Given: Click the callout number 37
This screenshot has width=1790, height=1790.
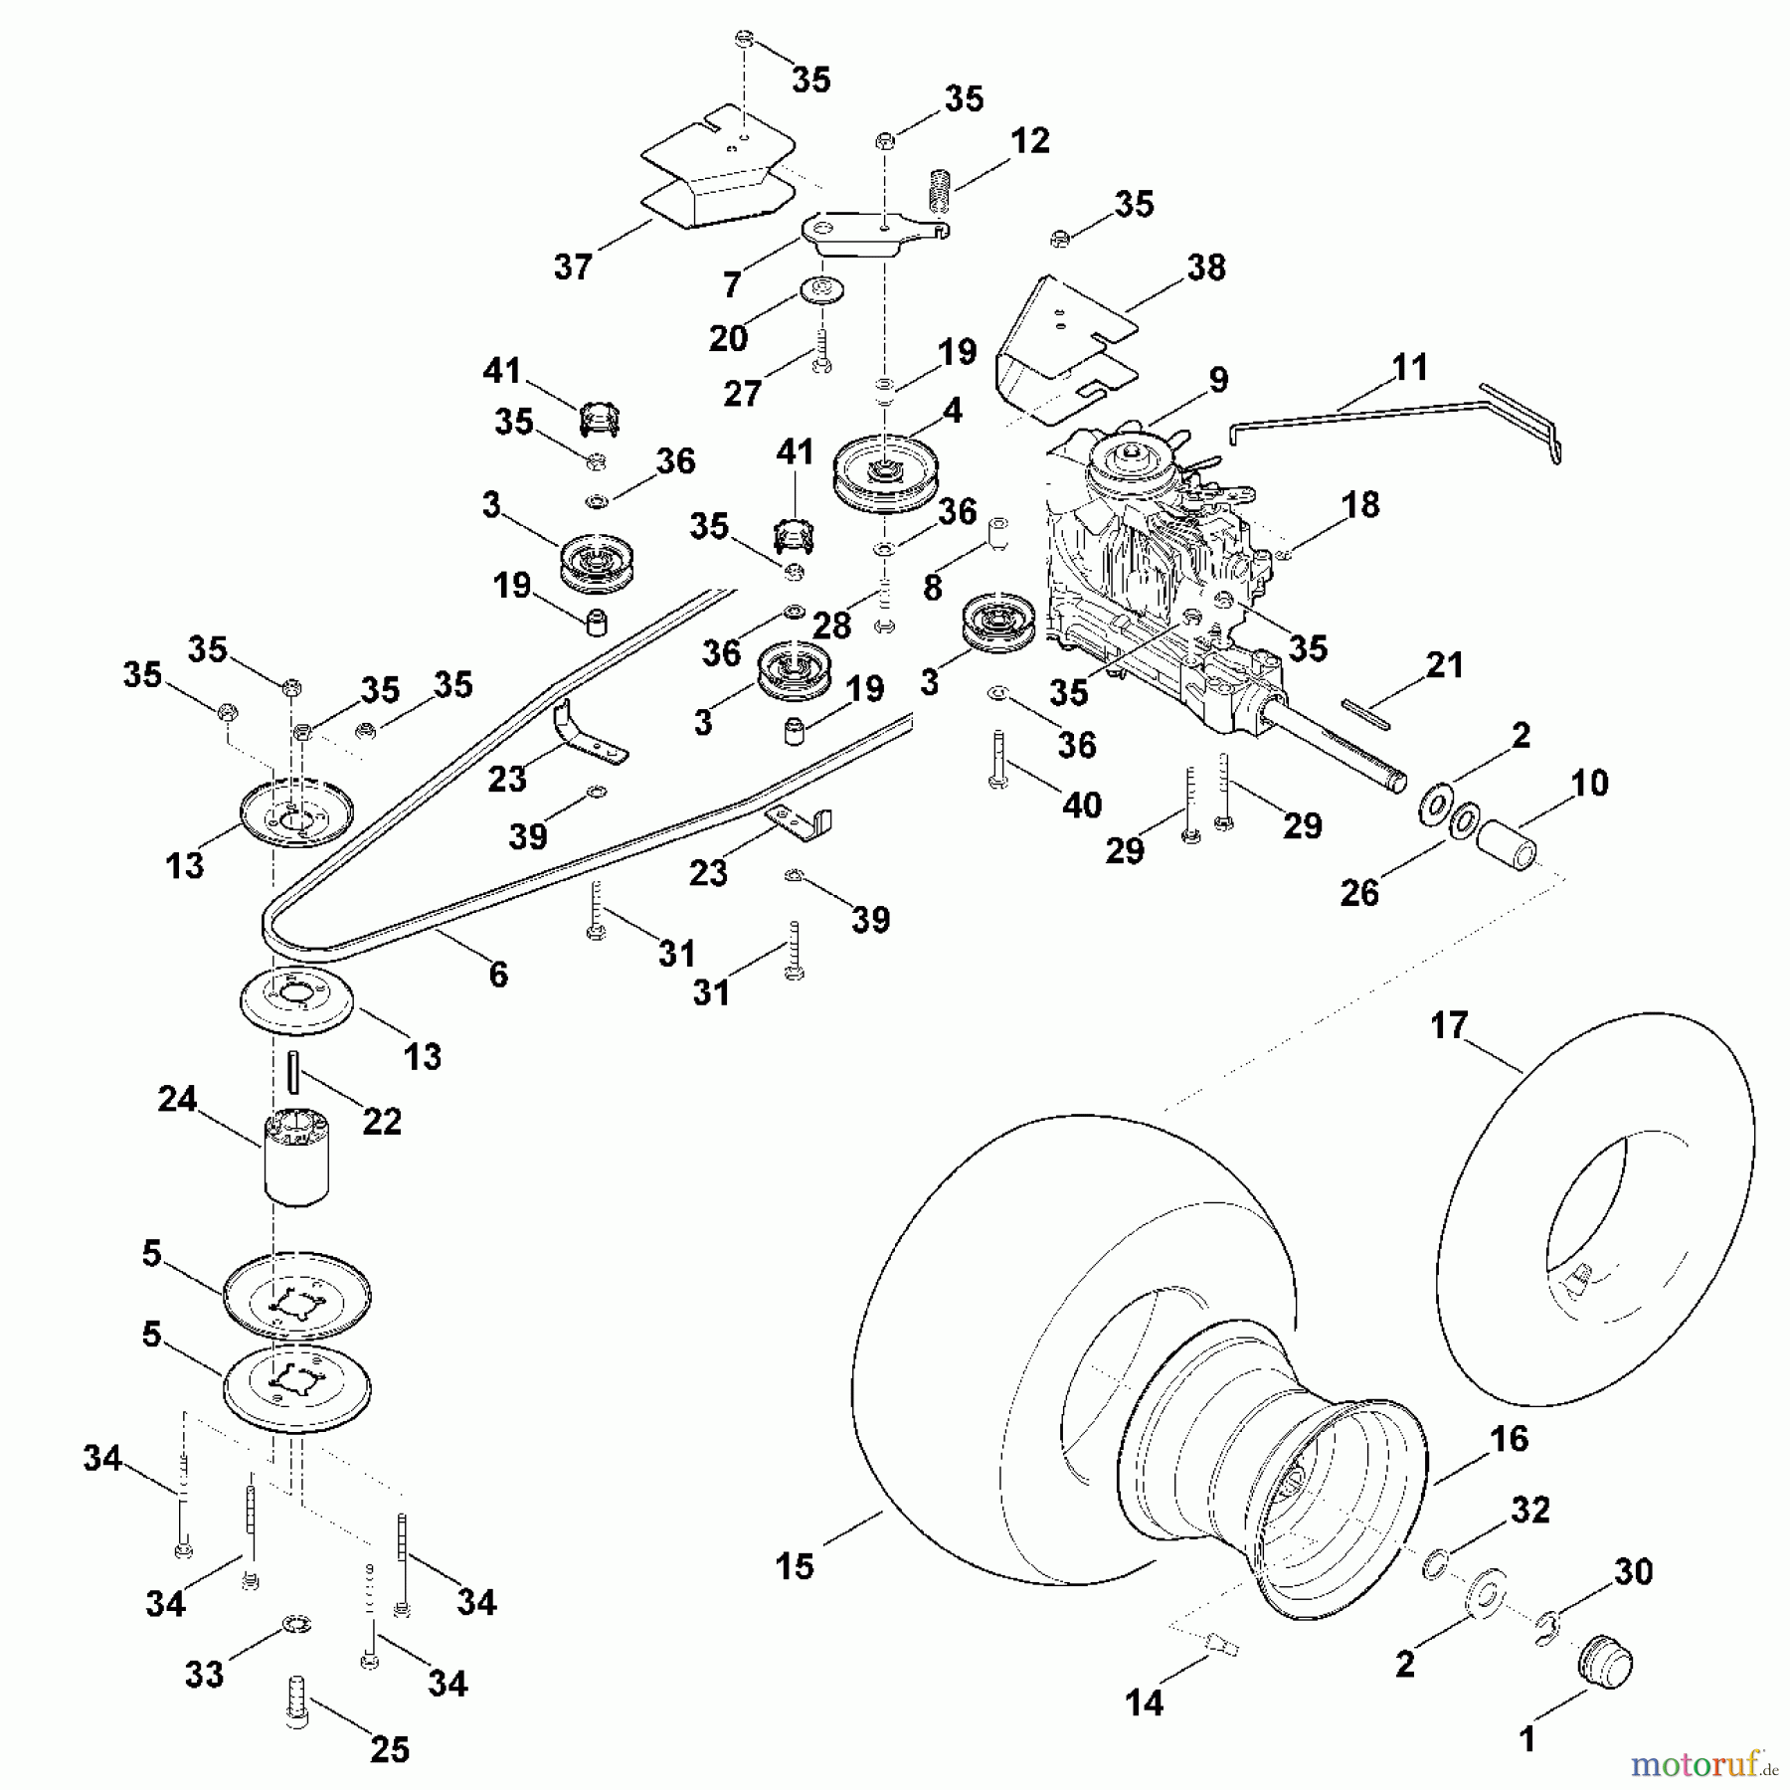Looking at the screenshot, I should click(x=573, y=267).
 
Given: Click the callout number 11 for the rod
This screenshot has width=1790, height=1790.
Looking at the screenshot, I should click(x=1409, y=367).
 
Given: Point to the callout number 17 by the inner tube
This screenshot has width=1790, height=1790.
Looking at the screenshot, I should click(x=1449, y=1024).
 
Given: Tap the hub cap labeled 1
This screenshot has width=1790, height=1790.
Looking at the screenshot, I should click(x=1605, y=1663).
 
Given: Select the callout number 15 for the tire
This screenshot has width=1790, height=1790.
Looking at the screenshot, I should click(x=795, y=1567).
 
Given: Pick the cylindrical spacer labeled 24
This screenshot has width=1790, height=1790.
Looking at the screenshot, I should click(x=296, y=1159).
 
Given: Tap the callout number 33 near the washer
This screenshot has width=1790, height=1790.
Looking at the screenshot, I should click(x=205, y=1675).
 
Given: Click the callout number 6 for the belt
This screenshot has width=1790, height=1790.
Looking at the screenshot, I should click(x=498, y=974).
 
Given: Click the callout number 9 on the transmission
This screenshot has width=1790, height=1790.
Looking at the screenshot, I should click(x=1217, y=380).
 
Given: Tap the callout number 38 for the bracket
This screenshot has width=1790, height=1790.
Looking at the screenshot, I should click(x=1206, y=268).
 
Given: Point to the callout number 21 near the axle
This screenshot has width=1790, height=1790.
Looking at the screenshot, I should click(x=1444, y=664).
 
